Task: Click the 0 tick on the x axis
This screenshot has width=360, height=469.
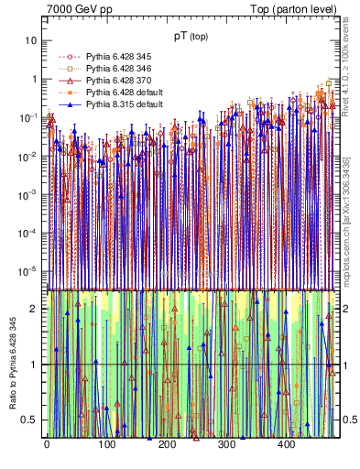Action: tap(47, 445)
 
